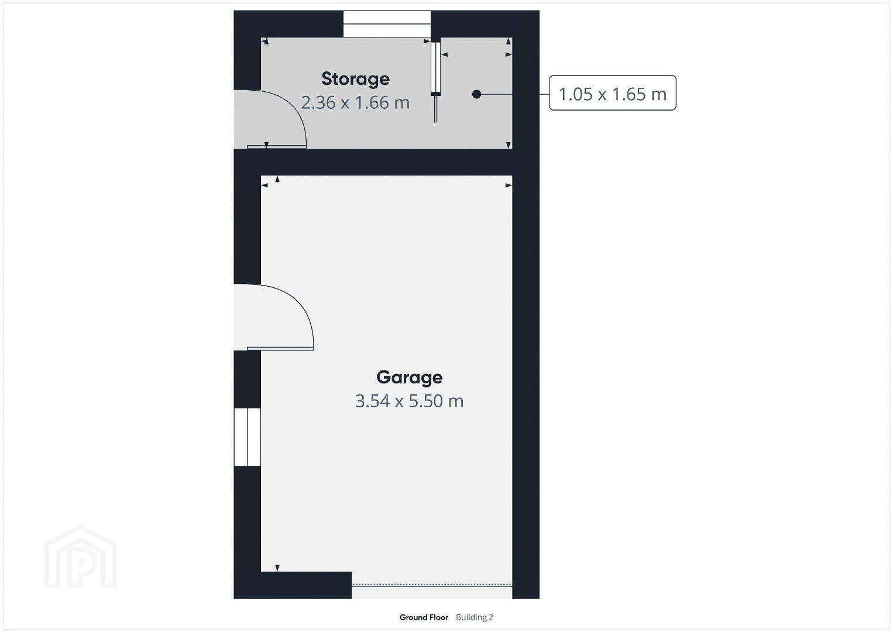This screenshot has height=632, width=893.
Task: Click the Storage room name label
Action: [x=355, y=79]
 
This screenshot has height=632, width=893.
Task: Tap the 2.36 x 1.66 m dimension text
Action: [x=355, y=102]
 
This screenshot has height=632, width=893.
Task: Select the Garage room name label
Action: [x=410, y=377]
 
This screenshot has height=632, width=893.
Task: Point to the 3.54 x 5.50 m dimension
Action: [x=410, y=401]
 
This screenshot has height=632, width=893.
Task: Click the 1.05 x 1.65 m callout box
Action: [x=612, y=93]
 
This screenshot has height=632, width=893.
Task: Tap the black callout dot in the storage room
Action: [x=476, y=94]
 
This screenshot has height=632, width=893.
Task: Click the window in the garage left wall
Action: [x=247, y=437]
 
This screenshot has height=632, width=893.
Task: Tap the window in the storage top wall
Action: [x=387, y=24]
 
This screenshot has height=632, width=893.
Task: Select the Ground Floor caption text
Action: [x=424, y=617]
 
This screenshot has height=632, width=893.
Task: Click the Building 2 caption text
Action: [x=475, y=617]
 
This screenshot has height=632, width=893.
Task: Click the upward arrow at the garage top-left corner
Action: [x=277, y=180]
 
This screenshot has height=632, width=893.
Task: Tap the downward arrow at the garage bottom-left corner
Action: [x=277, y=568]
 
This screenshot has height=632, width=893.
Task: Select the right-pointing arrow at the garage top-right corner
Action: [x=509, y=185]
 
